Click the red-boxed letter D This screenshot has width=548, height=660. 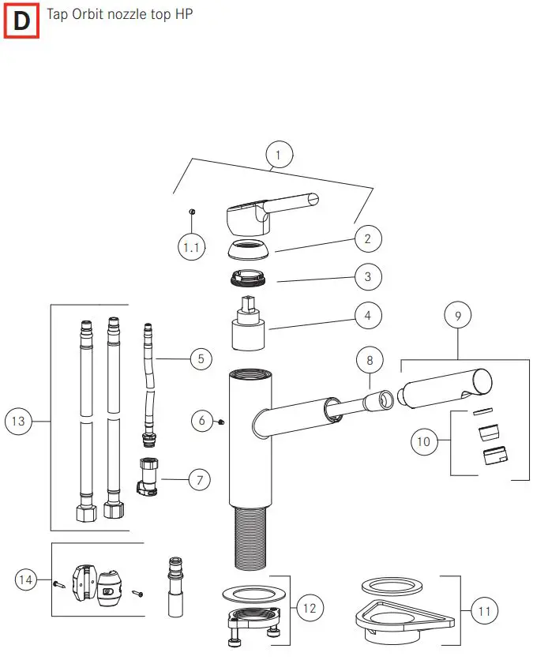click(x=21, y=21)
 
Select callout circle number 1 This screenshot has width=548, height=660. click(x=279, y=154)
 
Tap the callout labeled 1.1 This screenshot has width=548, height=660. click(x=191, y=247)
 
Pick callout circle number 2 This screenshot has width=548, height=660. click(x=368, y=238)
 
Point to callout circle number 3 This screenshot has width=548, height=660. click(x=368, y=277)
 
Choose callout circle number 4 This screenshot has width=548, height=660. click(x=368, y=317)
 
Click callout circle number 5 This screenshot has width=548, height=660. click(x=202, y=359)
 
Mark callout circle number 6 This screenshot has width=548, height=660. click(x=202, y=421)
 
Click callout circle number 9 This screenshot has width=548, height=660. click(x=457, y=316)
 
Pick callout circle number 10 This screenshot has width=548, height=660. click(x=424, y=441)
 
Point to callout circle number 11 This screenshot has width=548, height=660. click(x=486, y=610)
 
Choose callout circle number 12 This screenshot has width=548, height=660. click(x=309, y=607)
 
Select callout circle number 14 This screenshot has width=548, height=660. click(x=25, y=580)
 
